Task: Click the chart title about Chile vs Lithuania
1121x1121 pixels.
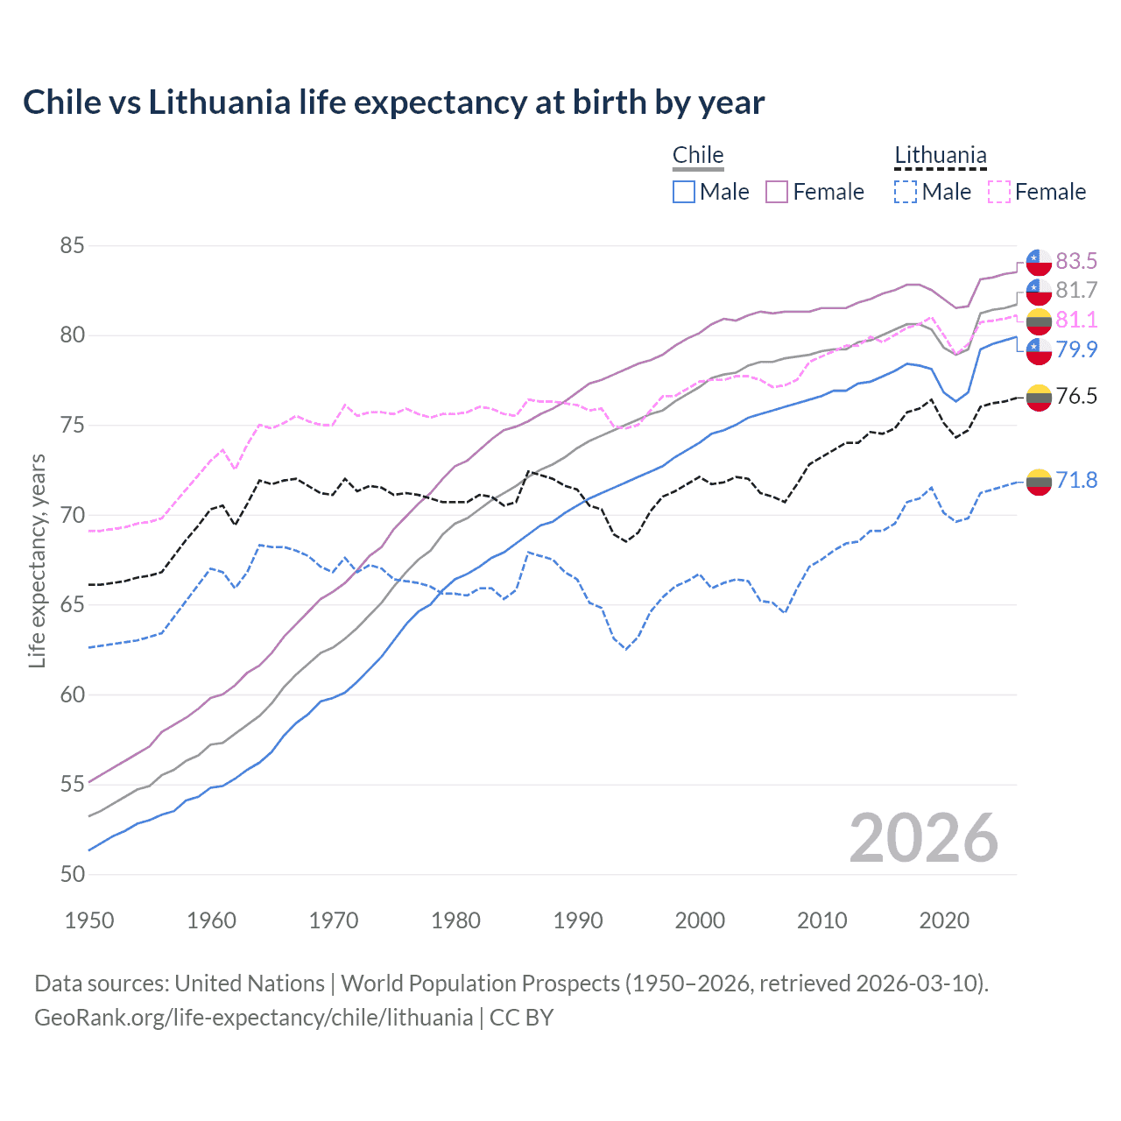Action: coord(393,102)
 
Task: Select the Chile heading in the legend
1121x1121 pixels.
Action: coord(698,156)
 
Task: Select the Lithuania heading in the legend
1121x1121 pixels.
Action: coord(940,156)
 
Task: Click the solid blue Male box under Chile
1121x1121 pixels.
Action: coord(684,192)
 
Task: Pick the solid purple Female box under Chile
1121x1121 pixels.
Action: coord(777,192)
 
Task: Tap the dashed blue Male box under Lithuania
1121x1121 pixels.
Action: coord(906,192)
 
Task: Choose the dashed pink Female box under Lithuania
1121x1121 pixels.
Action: coord(998,192)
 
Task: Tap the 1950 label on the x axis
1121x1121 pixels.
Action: coord(89,920)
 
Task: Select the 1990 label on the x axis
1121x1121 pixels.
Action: coord(578,920)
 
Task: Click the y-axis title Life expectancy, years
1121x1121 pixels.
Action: coord(37,560)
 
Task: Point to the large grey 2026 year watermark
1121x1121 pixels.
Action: coord(923,838)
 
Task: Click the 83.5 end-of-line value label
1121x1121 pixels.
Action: coord(1076,261)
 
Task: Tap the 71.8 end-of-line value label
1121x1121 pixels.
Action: coord(1076,480)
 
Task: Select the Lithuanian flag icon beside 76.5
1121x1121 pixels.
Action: coord(1039,397)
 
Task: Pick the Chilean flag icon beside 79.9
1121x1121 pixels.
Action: coord(1039,350)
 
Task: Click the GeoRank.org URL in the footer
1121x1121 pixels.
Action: coord(253,1018)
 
